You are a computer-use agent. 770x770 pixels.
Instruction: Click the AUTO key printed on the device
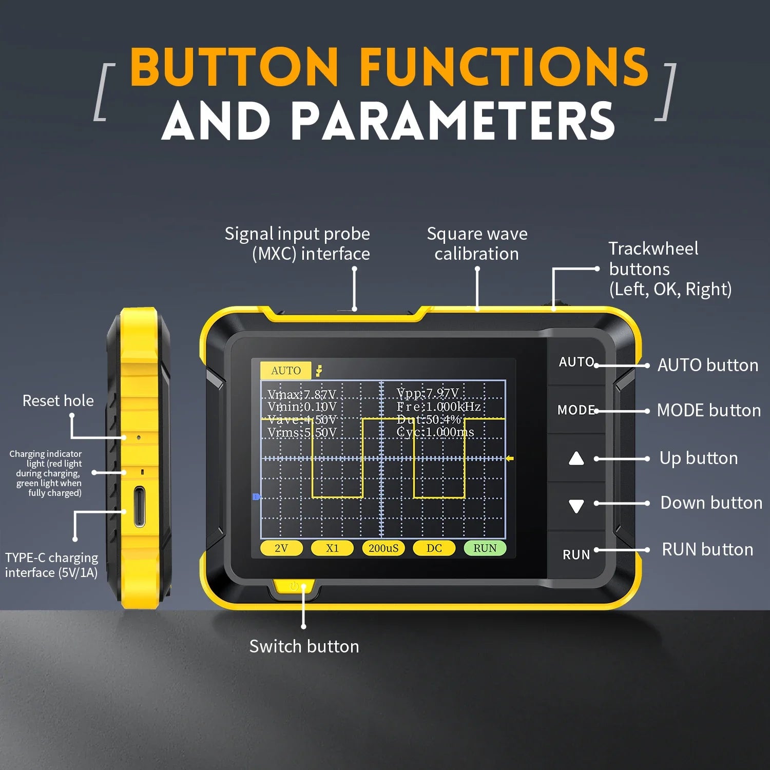pos(576,362)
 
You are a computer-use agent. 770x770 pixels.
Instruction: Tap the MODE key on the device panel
pos(576,410)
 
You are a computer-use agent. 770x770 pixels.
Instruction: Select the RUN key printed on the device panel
pos(576,555)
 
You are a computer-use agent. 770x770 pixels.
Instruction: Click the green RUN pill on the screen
pos(485,548)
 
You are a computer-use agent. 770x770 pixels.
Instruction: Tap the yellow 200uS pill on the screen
pos(383,548)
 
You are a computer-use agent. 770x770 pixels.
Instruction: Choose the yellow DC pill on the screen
pos(434,548)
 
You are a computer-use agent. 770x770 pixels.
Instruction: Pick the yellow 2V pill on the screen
pos(281,548)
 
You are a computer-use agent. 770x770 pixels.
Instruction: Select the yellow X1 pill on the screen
pos(332,548)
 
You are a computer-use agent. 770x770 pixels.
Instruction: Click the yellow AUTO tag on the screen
pos(285,371)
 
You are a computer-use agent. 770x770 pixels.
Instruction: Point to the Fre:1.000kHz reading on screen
pos(438,407)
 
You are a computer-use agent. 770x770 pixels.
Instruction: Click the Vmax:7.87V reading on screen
pos(302,395)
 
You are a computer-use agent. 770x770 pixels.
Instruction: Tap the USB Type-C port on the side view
pos(139,507)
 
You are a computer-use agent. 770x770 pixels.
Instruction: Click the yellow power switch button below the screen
pos(294,586)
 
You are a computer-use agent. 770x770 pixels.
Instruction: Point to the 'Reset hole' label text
pos(58,400)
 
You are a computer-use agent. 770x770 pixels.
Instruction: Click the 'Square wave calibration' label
pos(477,244)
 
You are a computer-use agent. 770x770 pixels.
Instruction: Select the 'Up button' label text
pos(698,458)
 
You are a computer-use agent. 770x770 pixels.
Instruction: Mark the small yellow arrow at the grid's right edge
pos(509,458)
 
